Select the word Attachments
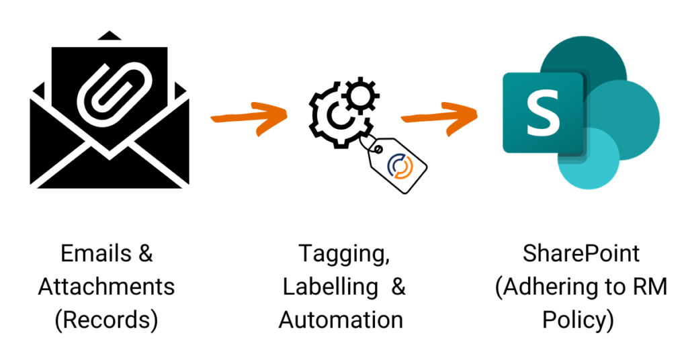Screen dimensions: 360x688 tap(106, 287)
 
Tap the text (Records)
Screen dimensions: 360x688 tap(106, 320)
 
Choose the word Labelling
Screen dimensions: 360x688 tap(330, 287)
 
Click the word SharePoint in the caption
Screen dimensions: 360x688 tap(581, 254)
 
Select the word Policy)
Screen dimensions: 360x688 tap(581, 320)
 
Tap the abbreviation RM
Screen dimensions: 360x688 tap(648, 287)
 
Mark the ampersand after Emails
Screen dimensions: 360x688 tap(146, 254)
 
